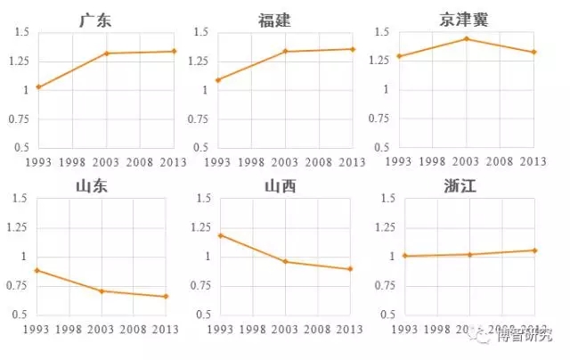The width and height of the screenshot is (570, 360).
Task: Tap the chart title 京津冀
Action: [x=465, y=19]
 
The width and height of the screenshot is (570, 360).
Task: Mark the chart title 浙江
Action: [x=465, y=186]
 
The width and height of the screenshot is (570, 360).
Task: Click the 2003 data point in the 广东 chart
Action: [x=107, y=53]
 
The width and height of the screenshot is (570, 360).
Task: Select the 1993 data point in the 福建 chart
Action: [x=217, y=80]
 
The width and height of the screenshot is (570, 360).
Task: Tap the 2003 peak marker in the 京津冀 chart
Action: [x=466, y=38]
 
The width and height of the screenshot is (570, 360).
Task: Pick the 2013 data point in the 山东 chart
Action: [x=166, y=297]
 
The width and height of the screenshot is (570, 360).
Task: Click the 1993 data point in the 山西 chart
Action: [x=219, y=235]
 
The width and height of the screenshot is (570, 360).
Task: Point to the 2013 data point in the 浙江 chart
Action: [x=534, y=250]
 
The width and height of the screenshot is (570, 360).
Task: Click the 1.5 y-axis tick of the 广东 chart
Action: [x=20, y=33]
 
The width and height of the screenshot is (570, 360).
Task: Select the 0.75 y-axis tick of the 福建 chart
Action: [x=196, y=119]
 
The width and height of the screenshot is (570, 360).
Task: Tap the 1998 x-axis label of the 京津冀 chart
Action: [x=432, y=161]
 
